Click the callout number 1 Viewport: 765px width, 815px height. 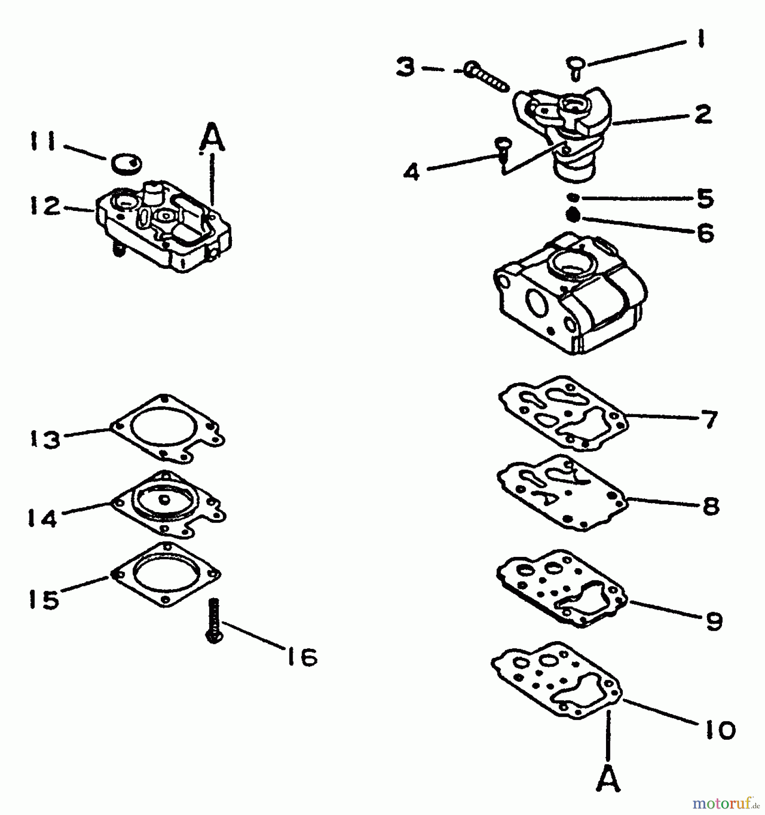pos(700,39)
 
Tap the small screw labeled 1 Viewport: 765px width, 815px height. pos(575,66)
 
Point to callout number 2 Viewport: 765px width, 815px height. pos(702,114)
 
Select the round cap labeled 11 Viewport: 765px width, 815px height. pos(126,163)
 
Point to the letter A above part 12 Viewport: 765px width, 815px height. pos(212,138)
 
